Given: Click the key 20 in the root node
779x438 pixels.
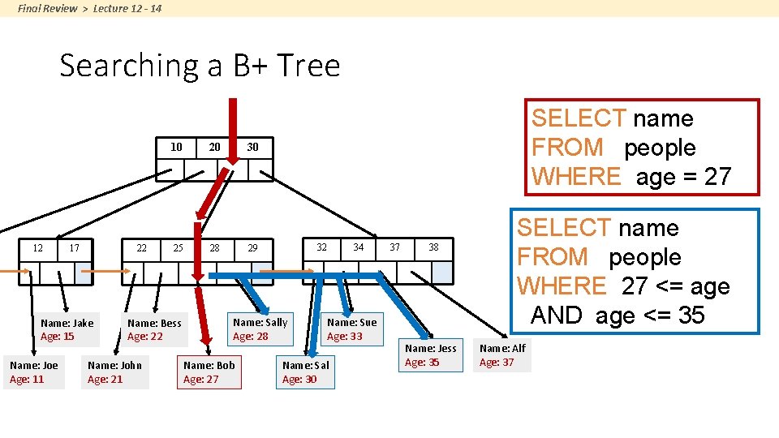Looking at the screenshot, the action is [x=214, y=147].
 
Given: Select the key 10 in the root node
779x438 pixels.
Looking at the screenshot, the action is [x=176, y=147].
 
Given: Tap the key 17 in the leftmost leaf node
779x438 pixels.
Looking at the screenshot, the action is [x=74, y=248].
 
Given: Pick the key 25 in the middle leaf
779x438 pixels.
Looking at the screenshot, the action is [x=178, y=248].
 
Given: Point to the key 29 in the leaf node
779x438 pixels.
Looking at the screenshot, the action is [x=252, y=248].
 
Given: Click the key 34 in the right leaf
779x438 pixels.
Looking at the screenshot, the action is [x=358, y=247].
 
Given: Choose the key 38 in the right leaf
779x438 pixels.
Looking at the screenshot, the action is [x=433, y=247].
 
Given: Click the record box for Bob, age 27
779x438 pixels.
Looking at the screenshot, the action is [x=209, y=372].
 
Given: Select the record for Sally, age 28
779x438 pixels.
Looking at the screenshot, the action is [x=260, y=328].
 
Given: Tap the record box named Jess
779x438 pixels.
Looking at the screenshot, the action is [x=431, y=355].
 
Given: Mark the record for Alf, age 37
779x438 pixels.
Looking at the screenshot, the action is [x=502, y=355].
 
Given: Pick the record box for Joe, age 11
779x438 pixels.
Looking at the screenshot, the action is [x=34, y=372].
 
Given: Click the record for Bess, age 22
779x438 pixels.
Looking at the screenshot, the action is [x=154, y=330].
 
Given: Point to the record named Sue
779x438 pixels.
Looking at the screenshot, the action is [x=352, y=328].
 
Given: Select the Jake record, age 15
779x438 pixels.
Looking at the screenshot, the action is [x=67, y=330].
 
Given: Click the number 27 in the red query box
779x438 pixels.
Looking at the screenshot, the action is [x=717, y=176].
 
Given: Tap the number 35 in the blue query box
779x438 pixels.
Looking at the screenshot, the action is [x=691, y=315].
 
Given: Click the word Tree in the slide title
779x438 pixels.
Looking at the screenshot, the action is [x=308, y=65].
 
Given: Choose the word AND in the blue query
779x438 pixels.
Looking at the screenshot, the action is [x=556, y=315].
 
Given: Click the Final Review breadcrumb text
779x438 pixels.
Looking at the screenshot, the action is [x=48, y=8].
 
